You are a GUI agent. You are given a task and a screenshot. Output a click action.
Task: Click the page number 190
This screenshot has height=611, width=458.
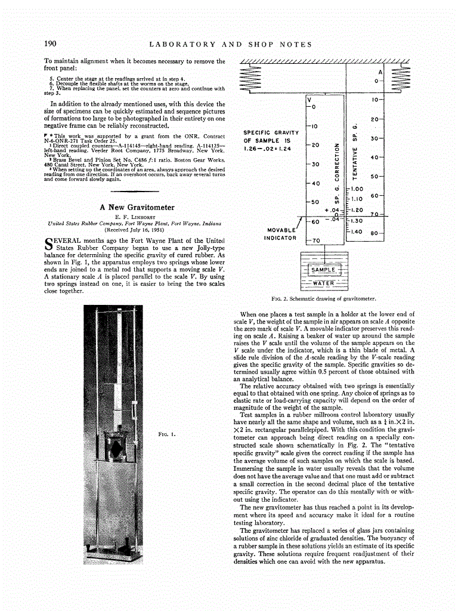(50, 44)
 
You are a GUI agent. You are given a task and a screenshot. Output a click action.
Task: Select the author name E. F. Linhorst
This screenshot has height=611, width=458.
(136, 217)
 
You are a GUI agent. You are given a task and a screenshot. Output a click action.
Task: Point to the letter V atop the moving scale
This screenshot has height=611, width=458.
(309, 98)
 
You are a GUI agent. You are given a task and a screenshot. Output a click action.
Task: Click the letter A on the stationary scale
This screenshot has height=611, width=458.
(379, 71)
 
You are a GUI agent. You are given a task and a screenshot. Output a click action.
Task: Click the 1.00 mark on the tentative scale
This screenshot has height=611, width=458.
(357, 189)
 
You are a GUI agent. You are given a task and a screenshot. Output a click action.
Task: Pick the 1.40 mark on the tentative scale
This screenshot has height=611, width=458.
(357, 231)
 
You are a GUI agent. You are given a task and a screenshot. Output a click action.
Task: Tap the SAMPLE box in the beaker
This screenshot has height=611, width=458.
(324, 270)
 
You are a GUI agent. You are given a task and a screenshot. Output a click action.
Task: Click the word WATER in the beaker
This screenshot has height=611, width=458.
(324, 283)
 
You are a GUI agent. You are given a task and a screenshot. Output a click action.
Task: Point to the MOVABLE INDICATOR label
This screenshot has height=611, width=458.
(280, 234)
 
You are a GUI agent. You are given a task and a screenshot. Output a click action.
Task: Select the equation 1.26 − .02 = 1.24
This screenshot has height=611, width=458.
(267, 149)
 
